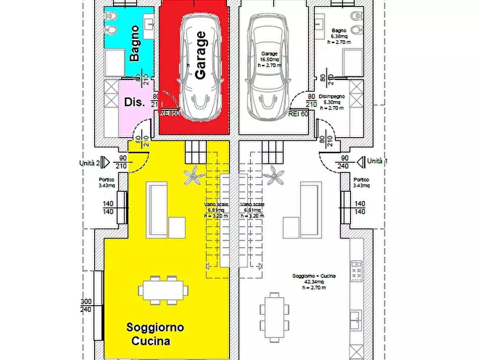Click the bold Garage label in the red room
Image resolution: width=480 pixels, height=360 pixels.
200,55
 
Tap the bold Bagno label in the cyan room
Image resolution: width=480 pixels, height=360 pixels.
135,43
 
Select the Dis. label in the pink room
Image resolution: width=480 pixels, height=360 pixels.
134,102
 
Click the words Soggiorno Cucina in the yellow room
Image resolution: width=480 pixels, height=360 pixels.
155,334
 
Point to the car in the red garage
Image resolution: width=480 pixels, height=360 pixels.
200,67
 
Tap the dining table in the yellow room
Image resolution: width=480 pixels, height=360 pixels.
163,291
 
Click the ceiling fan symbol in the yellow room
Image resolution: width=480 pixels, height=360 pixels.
193,175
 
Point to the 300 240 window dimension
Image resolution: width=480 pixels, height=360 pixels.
86,306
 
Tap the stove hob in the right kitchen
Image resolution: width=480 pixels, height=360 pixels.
356,271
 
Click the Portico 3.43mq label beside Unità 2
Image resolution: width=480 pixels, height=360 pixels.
106,183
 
